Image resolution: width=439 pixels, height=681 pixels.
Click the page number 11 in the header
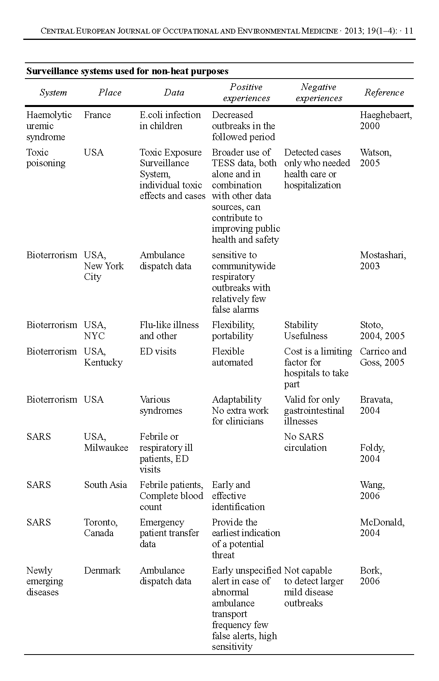409,31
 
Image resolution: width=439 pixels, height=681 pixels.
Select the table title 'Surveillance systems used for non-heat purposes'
127,71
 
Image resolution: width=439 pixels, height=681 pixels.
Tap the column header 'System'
53,92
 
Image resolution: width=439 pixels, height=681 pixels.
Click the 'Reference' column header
384,92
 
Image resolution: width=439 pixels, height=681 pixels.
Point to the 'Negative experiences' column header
319,92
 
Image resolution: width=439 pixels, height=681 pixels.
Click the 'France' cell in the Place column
97,115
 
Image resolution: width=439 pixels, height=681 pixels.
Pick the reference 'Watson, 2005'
375,158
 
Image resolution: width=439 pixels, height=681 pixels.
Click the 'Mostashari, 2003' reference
383,260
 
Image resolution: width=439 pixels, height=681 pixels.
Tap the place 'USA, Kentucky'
103,357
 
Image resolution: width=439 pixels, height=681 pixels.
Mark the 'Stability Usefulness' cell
306,330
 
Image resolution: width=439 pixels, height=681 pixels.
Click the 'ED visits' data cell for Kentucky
158,351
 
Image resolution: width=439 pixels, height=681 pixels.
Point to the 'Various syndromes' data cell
161,405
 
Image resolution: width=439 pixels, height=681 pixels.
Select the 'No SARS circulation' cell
305,442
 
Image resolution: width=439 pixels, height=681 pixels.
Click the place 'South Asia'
105,485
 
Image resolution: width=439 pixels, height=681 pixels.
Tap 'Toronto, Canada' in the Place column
101,527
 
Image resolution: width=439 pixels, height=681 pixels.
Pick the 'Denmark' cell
102,570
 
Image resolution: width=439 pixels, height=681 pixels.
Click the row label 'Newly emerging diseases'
44,581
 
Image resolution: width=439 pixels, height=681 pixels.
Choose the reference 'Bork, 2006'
371,576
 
